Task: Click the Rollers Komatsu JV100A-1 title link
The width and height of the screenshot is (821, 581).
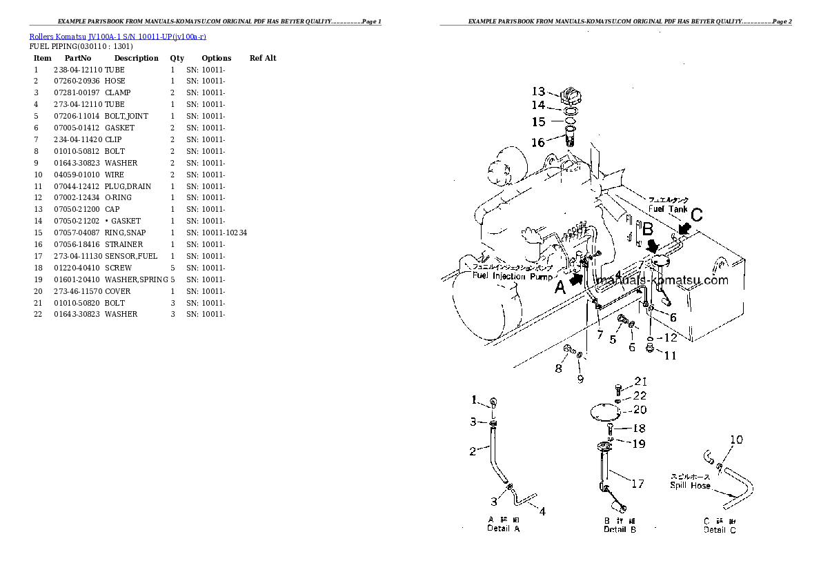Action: pyautogui.click(x=118, y=37)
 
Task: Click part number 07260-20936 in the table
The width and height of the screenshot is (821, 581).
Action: pyautogui.click(x=77, y=81)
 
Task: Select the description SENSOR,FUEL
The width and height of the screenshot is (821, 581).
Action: pyautogui.click(x=131, y=256)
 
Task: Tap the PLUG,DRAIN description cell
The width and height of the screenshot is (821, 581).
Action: pyautogui.click(x=128, y=186)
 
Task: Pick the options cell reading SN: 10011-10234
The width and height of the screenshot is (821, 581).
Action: pyautogui.click(x=217, y=233)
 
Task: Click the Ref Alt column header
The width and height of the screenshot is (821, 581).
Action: pyautogui.click(x=262, y=58)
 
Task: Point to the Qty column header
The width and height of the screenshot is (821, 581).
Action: pyautogui.click(x=177, y=58)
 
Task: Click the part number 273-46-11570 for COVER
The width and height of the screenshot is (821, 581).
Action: pyautogui.click(x=78, y=291)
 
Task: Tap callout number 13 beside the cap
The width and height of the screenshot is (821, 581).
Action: pyautogui.click(x=538, y=91)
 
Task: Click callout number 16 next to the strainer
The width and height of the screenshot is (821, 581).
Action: pyautogui.click(x=537, y=143)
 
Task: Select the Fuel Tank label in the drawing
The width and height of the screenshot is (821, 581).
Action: pyautogui.click(x=667, y=208)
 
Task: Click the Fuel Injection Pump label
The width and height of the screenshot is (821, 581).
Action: pyautogui.click(x=513, y=276)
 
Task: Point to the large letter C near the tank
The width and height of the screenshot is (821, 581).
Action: pyautogui.click(x=696, y=215)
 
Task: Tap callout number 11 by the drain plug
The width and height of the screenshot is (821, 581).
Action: pyautogui.click(x=670, y=356)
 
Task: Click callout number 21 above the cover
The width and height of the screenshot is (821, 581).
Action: pyautogui.click(x=641, y=382)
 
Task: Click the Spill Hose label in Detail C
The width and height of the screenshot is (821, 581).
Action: pyautogui.click(x=690, y=485)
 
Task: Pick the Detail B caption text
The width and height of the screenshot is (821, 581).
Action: pyautogui.click(x=619, y=529)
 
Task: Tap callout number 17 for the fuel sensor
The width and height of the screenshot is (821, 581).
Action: pyautogui.click(x=637, y=484)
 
